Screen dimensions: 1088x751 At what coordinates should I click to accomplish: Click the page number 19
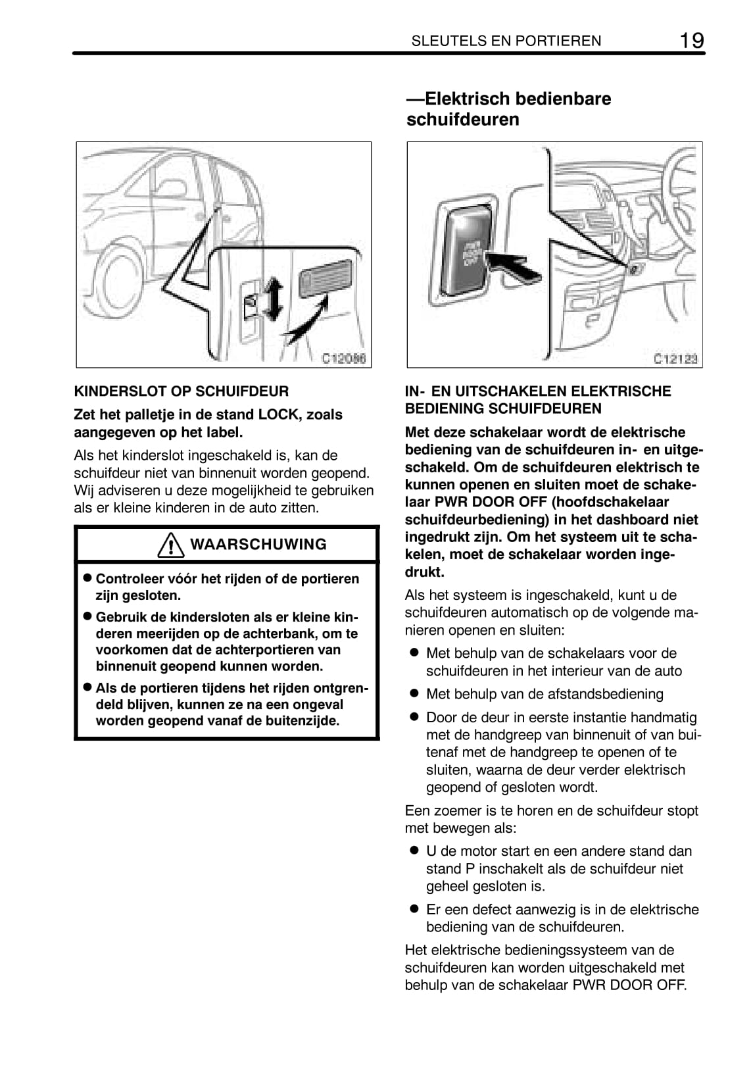coord(691,40)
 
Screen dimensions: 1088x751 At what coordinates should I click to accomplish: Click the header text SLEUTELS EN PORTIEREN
coord(506,41)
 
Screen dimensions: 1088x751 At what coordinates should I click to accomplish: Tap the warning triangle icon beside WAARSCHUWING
coord(170,545)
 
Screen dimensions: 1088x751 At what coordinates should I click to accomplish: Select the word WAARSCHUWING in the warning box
coord(258,545)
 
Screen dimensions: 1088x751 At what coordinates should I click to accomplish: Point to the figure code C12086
coord(343,359)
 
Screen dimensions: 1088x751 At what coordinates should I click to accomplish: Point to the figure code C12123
coord(675,359)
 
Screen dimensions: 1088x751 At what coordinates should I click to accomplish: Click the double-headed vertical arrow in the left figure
coord(275,299)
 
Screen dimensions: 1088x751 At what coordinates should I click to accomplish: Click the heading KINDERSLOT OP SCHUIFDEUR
coord(181,391)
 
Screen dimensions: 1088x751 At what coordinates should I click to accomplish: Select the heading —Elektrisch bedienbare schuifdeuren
coord(508,109)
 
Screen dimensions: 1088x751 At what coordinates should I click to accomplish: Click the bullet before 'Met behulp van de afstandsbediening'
coord(414,693)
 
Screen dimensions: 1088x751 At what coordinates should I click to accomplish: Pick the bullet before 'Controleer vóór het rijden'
coord(85,578)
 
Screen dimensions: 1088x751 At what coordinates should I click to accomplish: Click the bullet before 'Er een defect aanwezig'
coord(414,908)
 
